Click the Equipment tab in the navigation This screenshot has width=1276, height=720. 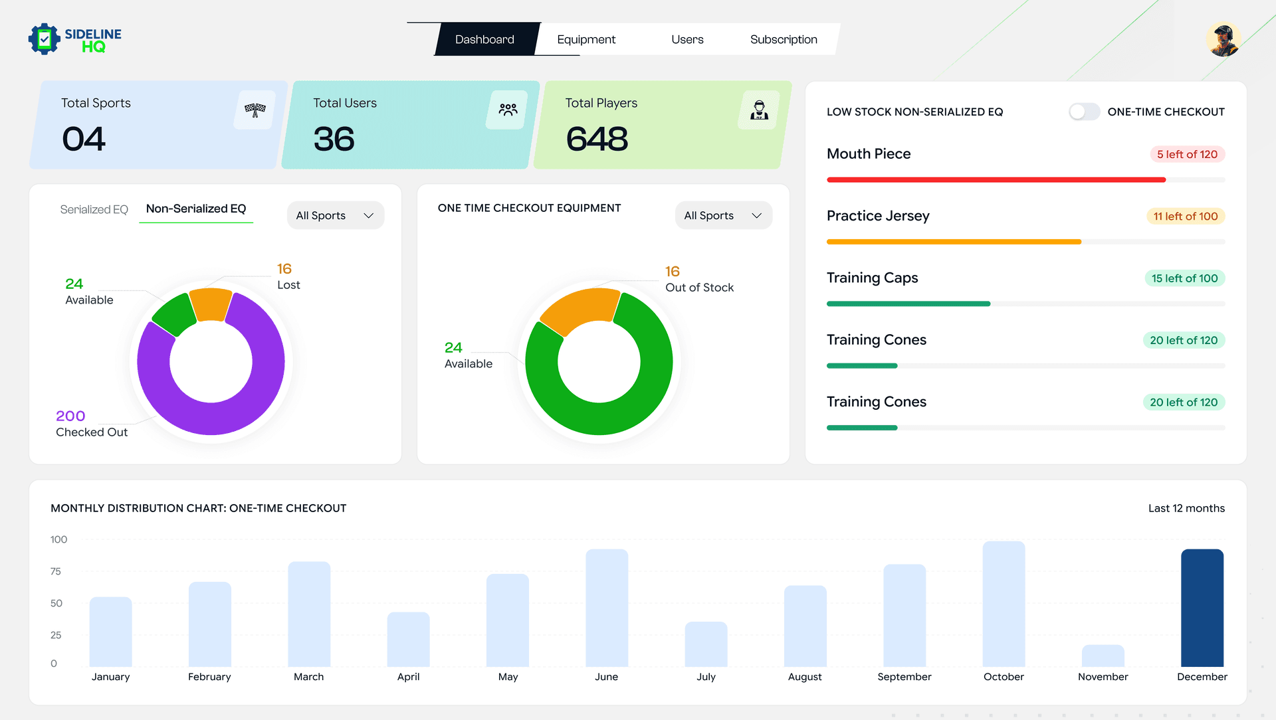click(585, 39)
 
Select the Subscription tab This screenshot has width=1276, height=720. click(783, 39)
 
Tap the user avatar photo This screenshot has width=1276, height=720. click(1223, 39)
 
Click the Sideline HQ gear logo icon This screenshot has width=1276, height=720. click(45, 39)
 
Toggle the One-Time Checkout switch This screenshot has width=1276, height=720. click(1083, 112)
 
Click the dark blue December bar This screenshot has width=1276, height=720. click(1202, 608)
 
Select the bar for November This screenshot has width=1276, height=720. click(1103, 656)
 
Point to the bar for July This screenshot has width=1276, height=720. click(706, 644)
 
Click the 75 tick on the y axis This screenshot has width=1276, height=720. click(56, 571)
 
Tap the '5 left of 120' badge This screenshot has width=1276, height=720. click(1187, 154)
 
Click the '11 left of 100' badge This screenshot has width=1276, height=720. click(1185, 216)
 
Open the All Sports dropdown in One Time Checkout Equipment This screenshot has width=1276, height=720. click(723, 215)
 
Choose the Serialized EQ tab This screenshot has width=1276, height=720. click(94, 209)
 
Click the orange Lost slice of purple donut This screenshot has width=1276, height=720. click(211, 304)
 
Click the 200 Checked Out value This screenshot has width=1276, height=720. click(70, 416)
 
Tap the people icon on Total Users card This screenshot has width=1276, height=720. click(508, 110)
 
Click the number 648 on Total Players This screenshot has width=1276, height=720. click(596, 139)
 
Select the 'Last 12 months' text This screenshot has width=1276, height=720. click(1186, 508)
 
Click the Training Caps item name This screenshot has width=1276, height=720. click(872, 278)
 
